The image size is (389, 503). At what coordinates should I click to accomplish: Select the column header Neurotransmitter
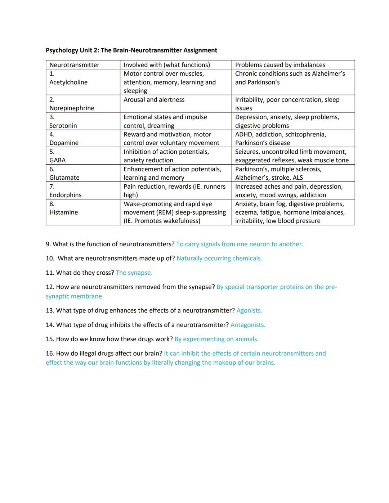(x=74, y=65)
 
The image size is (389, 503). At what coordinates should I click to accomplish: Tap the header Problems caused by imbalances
(x=280, y=65)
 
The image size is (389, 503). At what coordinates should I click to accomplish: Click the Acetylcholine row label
(x=68, y=82)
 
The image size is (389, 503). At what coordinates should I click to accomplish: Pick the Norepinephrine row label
(x=72, y=108)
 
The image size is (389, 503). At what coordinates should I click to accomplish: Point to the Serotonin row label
(x=63, y=126)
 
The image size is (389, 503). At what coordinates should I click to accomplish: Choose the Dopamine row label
(x=64, y=143)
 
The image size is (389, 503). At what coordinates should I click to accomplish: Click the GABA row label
(x=57, y=160)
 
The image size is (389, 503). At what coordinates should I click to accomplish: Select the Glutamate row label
(x=64, y=178)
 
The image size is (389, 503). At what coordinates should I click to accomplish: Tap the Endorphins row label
(x=65, y=195)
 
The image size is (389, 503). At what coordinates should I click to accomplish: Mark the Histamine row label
(x=63, y=212)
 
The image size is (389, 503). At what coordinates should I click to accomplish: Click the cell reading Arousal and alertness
(x=154, y=100)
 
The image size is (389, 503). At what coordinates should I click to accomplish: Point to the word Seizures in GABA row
(x=247, y=152)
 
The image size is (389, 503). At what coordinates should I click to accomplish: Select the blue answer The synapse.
(x=134, y=273)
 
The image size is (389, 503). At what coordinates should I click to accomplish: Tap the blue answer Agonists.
(x=249, y=311)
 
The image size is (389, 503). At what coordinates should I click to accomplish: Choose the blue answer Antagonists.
(x=248, y=325)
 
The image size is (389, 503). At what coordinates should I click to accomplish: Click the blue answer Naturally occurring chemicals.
(x=219, y=259)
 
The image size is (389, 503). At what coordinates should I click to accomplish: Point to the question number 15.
(x=50, y=339)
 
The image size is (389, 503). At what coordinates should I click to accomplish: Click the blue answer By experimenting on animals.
(x=216, y=339)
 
